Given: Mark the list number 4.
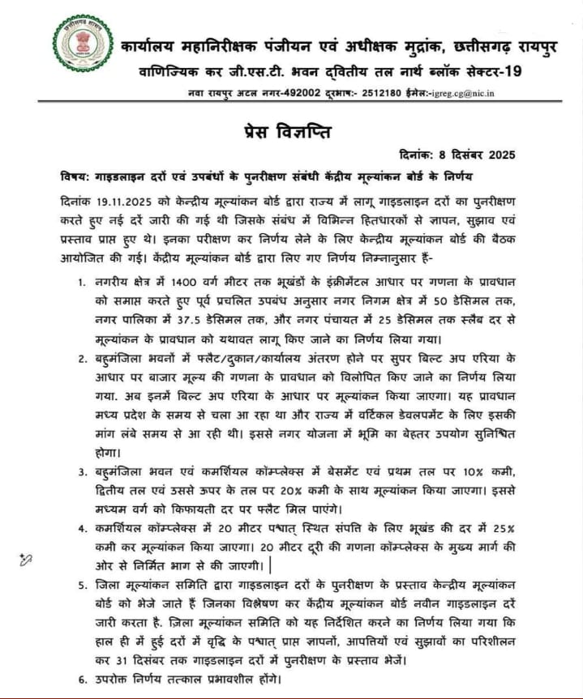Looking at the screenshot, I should coord(82,528).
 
